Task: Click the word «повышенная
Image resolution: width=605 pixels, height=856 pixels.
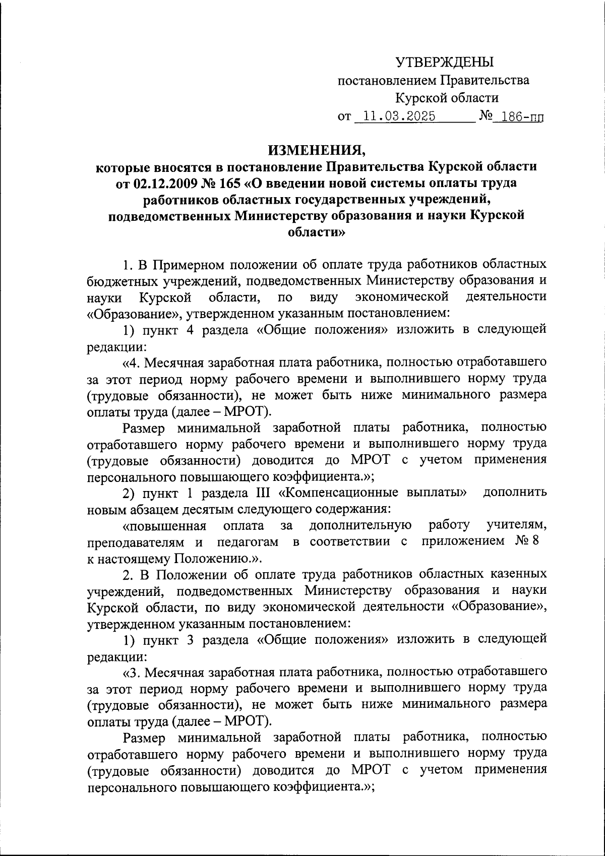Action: (x=164, y=525)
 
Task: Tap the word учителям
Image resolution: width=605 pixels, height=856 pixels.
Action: (x=517, y=525)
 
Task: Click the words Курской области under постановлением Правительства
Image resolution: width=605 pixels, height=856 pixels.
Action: (x=447, y=98)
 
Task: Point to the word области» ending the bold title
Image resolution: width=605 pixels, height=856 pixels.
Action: (x=316, y=232)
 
